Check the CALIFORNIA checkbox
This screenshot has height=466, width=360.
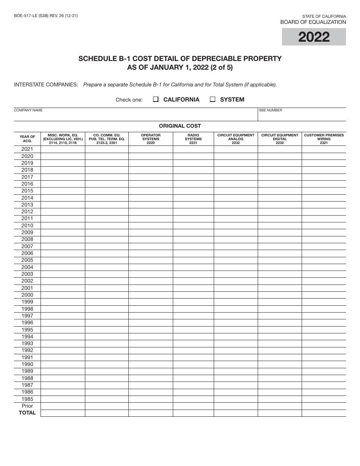coord(156,100)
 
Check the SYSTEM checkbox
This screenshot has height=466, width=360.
coord(213,100)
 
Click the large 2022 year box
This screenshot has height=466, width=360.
coord(314,37)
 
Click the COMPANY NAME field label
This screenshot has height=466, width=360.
coord(28,110)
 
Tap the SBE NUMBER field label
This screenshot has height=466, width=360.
coord(271,110)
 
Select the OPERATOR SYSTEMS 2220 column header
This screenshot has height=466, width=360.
coord(151,139)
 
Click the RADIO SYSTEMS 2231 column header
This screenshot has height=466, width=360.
coord(193,139)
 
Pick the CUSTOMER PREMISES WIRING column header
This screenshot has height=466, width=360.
coord(324,139)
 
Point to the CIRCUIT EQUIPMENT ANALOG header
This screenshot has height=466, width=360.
coord(236,139)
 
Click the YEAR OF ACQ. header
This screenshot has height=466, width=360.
coord(27,139)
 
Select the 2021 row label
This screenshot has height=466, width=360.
coord(27,149)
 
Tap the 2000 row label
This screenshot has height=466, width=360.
coord(27,295)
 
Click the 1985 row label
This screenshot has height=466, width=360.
coord(27,399)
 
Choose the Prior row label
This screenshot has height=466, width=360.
coord(27,406)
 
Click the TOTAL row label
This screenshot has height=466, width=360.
coord(27,413)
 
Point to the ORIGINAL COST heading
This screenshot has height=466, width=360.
coord(180,126)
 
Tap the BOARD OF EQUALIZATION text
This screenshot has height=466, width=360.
coord(313,22)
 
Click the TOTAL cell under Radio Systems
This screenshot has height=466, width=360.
coord(193,413)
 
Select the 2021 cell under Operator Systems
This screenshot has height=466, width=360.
coord(151,149)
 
